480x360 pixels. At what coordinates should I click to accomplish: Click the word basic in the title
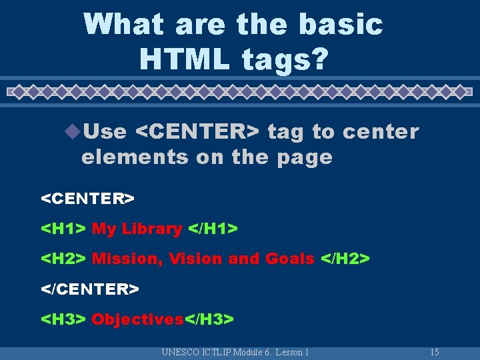pos(341,24)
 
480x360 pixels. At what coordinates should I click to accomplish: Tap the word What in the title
pos(124,24)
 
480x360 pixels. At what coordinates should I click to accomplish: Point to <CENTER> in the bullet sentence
pos(197,132)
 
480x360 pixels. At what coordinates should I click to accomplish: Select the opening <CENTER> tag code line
pos(88,199)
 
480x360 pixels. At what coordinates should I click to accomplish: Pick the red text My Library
pos(137,229)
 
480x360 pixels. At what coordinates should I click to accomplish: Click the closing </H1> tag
pos(213,229)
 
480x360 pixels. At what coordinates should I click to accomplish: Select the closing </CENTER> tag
pos(91,289)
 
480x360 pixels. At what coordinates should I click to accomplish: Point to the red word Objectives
pos(137,319)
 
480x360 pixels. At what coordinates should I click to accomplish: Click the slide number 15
pos(434,352)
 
